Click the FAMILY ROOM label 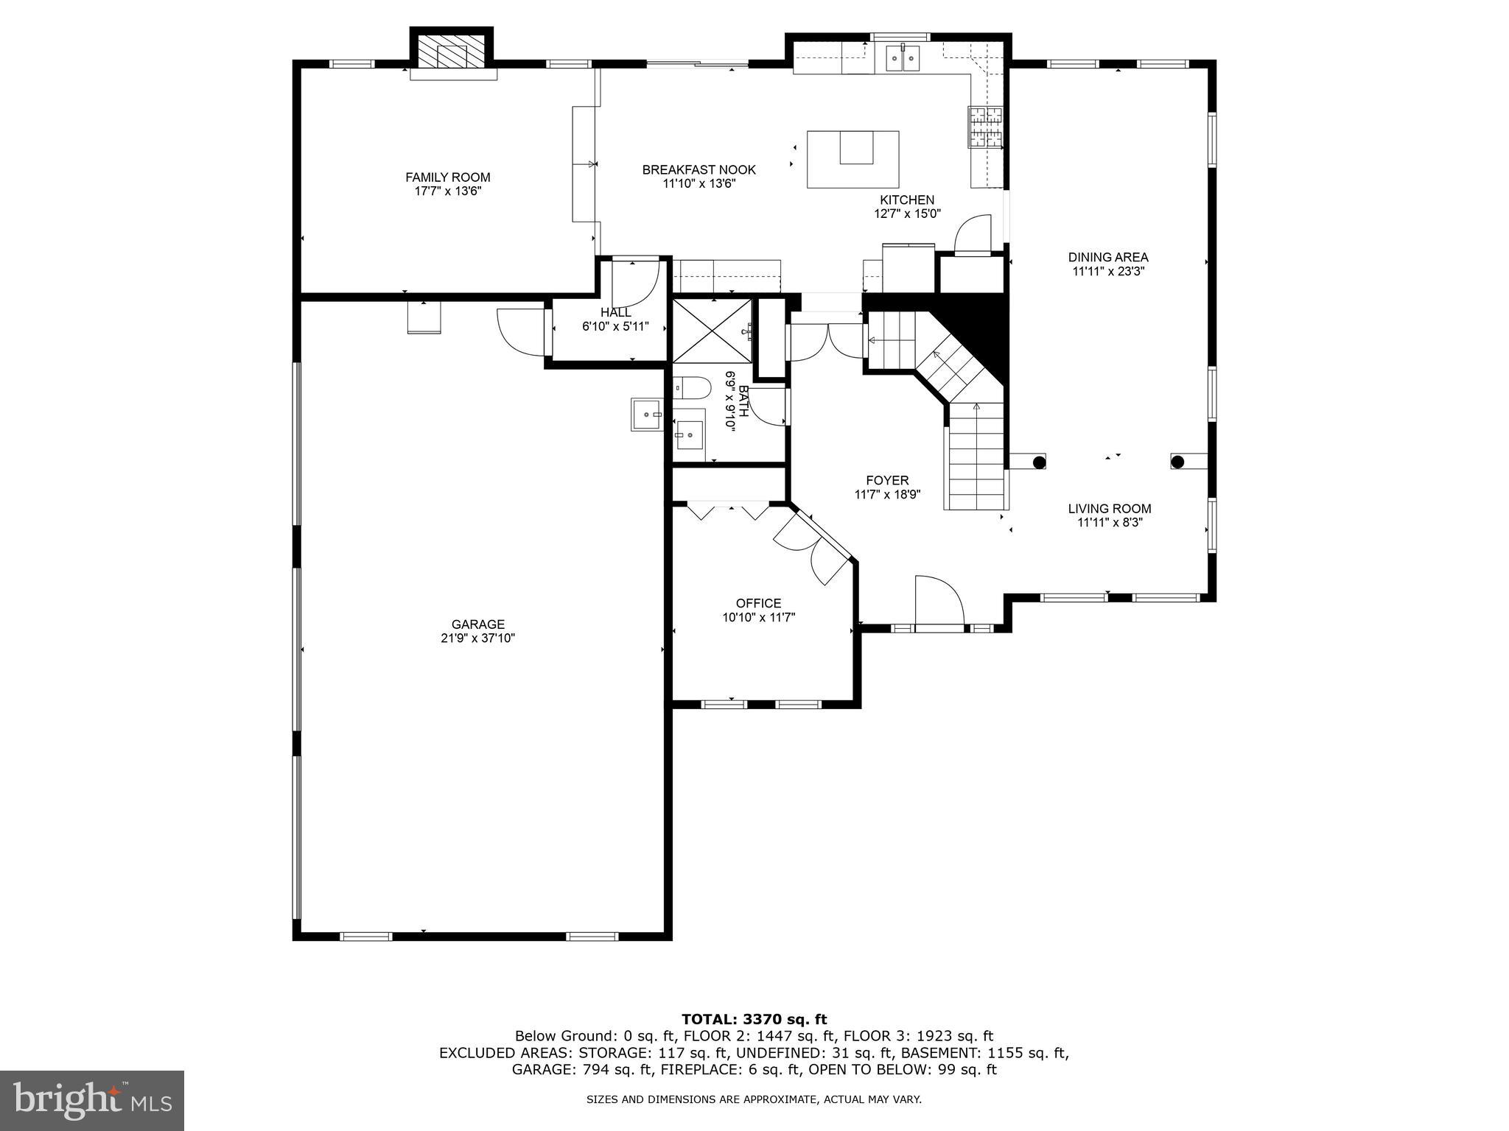point(447,177)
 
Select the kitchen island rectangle point(852,159)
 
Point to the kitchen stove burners point(985,126)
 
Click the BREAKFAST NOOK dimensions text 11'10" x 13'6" point(699,184)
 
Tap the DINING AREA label point(1107,257)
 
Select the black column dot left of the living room point(1038,462)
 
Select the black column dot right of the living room point(1177,462)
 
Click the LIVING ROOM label point(1109,509)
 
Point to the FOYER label point(887,481)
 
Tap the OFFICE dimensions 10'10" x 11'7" point(758,618)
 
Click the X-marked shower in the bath point(713,331)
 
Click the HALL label point(615,313)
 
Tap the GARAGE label point(477,624)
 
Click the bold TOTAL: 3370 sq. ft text point(754,1019)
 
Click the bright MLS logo point(92,1100)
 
